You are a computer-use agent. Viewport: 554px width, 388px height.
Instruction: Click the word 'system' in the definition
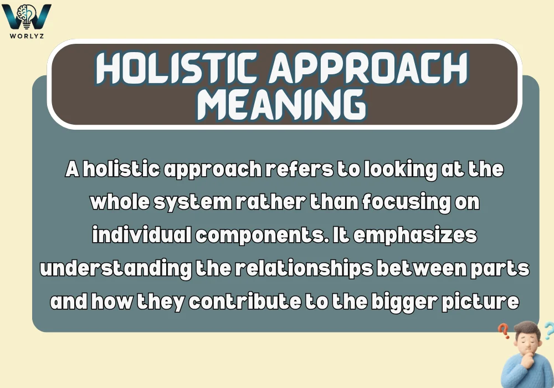click(x=197, y=203)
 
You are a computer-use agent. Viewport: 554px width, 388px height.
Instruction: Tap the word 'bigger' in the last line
click(x=404, y=303)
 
